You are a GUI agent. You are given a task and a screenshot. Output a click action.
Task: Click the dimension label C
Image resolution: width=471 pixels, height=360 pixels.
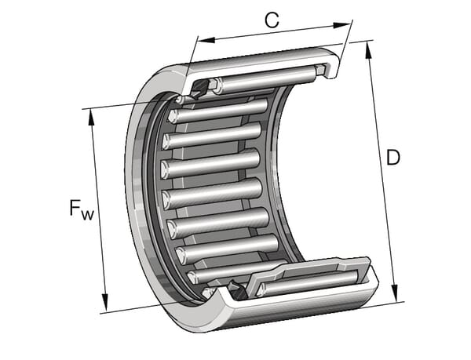(272, 20)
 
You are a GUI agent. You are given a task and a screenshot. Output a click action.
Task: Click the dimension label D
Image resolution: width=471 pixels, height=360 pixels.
(392, 158)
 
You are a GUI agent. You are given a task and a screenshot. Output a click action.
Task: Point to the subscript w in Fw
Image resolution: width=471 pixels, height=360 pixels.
(88, 213)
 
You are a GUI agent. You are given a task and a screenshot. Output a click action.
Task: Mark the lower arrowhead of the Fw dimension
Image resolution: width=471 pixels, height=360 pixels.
(104, 306)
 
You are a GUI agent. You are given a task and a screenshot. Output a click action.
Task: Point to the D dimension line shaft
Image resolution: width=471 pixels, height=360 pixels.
(382, 173)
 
